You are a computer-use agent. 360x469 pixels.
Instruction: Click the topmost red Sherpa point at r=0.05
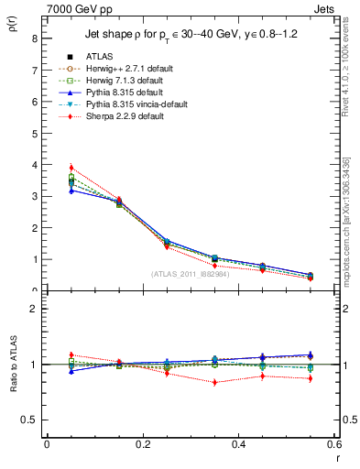(x=71, y=168)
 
